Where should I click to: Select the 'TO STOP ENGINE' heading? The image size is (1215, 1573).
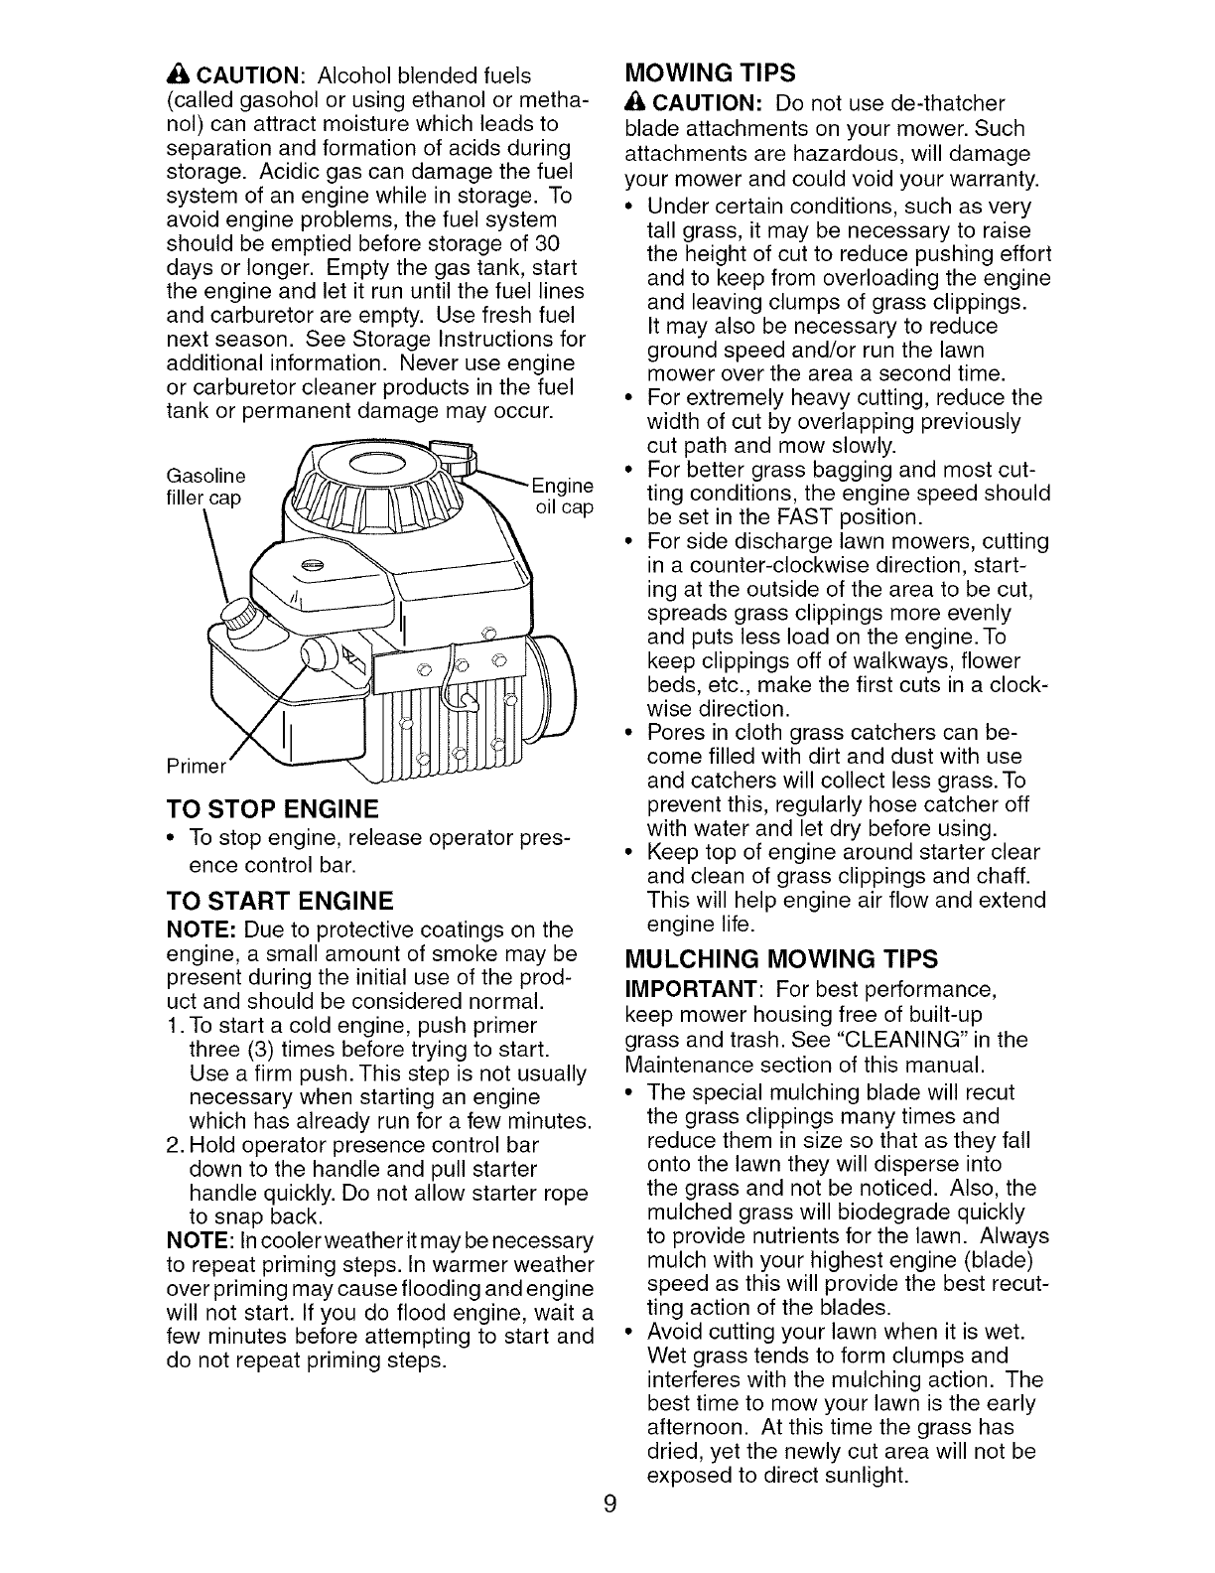point(259,806)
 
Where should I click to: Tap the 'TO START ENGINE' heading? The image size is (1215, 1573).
point(266,902)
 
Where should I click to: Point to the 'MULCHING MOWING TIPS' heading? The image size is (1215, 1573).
point(780,958)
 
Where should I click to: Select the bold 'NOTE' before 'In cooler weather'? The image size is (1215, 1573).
point(195,1241)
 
